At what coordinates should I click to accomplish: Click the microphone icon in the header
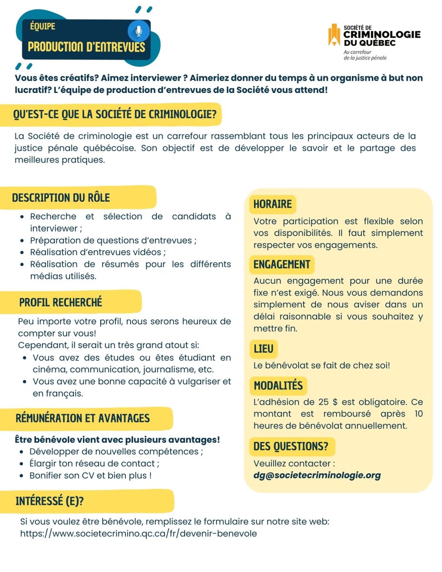click(139, 31)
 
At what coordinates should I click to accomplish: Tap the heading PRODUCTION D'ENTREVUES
click(86, 47)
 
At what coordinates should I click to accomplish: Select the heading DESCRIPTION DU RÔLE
click(61, 197)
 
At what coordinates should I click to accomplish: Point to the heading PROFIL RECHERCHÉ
click(61, 302)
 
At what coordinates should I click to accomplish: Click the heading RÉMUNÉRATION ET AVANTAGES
click(82, 419)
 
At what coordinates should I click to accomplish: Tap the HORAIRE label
click(272, 204)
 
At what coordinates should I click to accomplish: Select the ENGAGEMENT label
click(282, 265)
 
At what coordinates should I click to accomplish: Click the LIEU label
click(264, 349)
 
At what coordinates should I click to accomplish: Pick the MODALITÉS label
click(278, 386)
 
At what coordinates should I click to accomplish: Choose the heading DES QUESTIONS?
click(291, 447)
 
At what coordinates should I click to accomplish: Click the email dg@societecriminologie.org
click(317, 475)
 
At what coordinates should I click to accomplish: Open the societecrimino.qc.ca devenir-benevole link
click(138, 533)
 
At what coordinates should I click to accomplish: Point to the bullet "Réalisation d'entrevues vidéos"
click(98, 252)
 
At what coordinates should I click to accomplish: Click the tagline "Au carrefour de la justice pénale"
click(365, 55)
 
